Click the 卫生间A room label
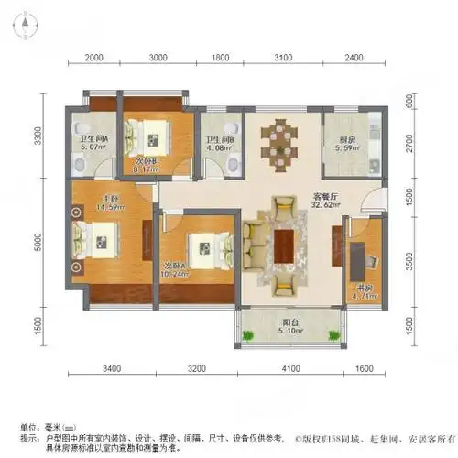93,138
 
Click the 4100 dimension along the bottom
291,371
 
